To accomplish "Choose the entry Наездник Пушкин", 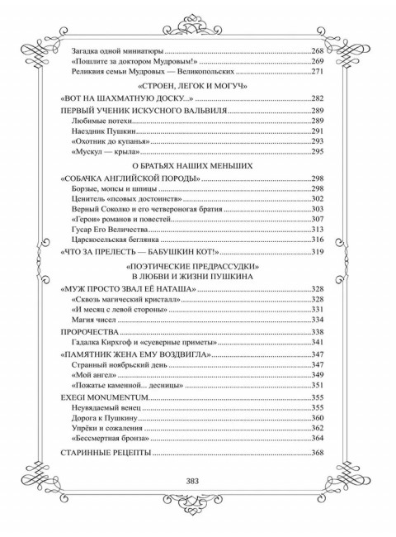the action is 103,131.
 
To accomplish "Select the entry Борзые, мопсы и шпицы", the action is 119,189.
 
